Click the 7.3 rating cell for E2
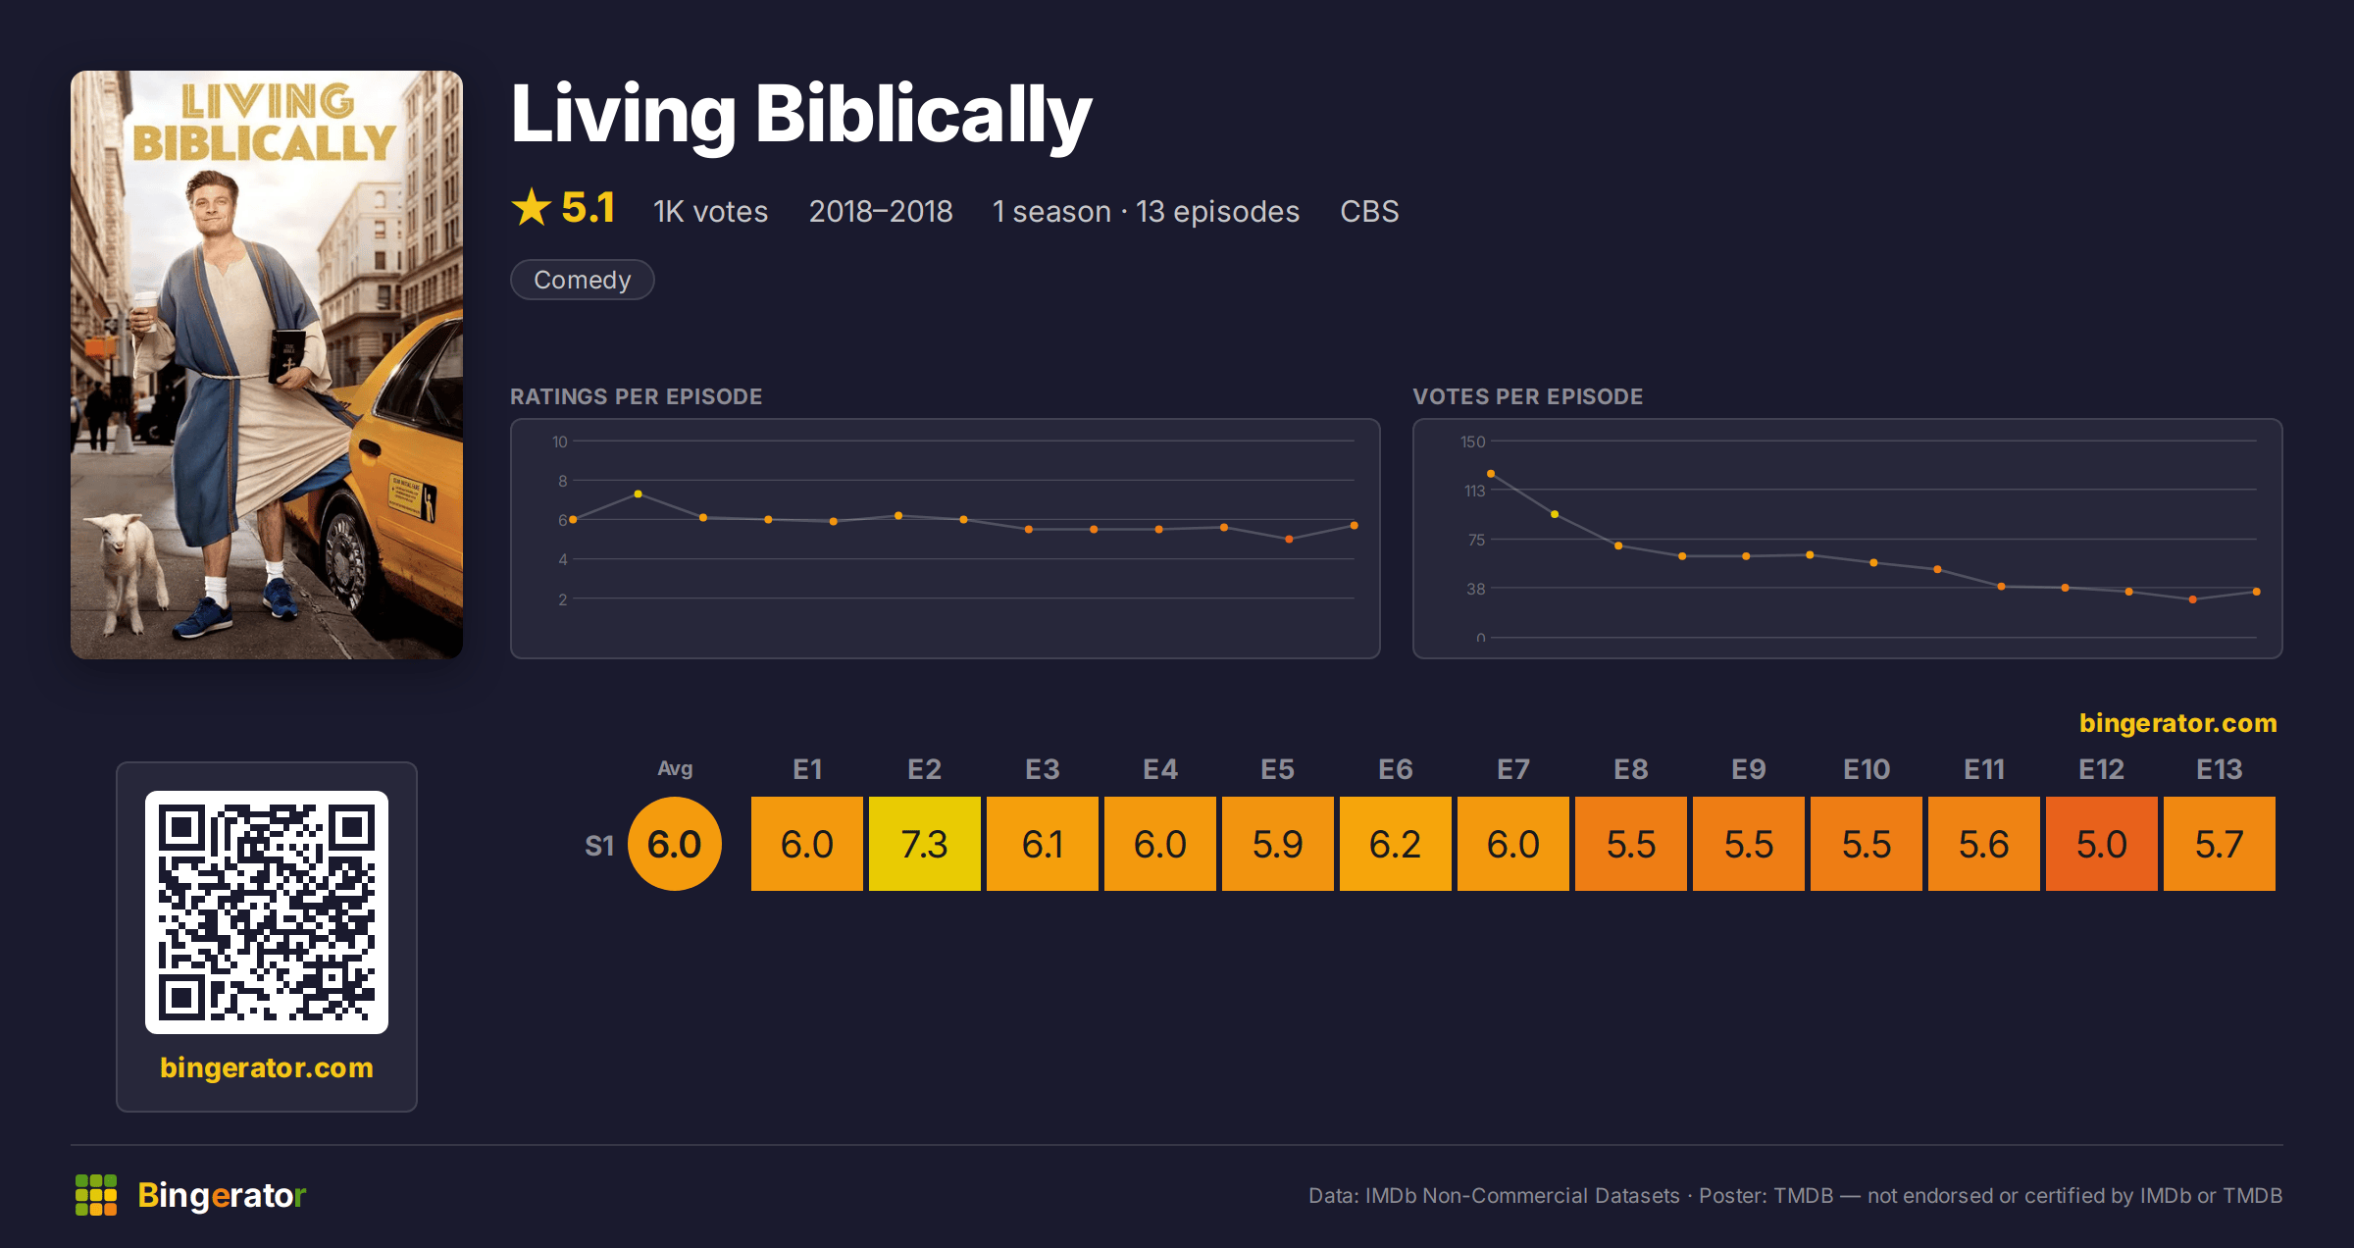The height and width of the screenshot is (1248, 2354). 924,844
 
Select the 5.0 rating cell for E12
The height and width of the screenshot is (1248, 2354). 2101,844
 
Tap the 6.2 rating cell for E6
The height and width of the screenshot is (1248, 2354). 1395,844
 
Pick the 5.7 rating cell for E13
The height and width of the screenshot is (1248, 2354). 2219,844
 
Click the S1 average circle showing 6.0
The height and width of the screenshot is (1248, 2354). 675,844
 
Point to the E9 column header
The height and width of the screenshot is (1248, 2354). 1748,769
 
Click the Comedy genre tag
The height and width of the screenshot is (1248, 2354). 583,280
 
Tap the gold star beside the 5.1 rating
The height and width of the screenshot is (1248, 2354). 532,207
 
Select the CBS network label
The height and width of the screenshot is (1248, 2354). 1369,211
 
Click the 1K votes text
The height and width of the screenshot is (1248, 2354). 711,211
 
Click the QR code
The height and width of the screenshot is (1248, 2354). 267,912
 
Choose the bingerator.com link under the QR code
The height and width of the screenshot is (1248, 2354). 267,1067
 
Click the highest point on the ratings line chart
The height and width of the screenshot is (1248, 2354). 639,494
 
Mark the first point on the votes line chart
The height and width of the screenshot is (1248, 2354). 1491,474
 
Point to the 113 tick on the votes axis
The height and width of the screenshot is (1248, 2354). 1474,491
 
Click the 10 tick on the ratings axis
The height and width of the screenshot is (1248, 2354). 559,442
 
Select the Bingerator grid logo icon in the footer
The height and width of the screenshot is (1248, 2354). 96,1195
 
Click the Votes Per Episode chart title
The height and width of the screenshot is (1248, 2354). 1527,396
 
